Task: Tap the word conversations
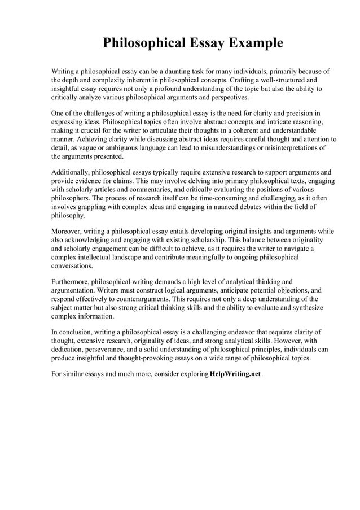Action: pyautogui.click(x=72, y=265)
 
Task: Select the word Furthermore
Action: pyautogui.click(x=71, y=281)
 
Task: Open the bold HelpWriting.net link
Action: pyautogui.click(x=235, y=374)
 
